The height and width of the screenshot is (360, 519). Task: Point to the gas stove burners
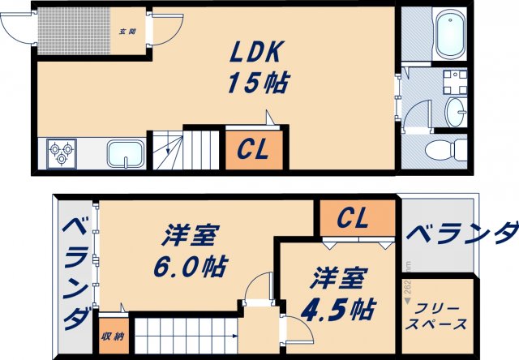coord(62,153)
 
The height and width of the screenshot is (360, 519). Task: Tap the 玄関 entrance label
coord(127,32)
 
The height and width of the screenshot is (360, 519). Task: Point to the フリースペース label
coord(439,316)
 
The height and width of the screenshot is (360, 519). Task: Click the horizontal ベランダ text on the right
coord(459,234)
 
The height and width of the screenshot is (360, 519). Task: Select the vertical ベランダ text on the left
coord(75,271)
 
